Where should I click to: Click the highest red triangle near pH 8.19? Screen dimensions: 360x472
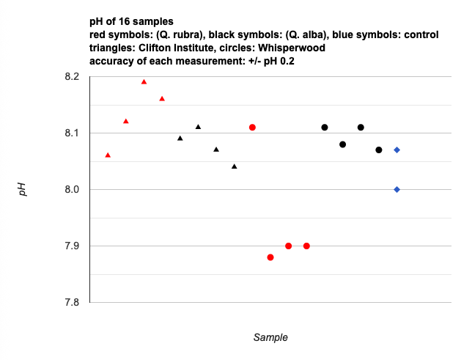144,81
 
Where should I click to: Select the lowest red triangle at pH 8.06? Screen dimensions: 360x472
108,155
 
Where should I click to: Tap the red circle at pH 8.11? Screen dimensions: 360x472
252,128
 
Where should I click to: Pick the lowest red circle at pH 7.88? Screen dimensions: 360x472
270,257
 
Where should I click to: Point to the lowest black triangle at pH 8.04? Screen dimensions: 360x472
235,166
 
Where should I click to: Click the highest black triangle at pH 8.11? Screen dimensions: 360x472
198,127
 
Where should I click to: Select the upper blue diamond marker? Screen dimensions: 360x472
397,150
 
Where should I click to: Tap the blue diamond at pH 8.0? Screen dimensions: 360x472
397,189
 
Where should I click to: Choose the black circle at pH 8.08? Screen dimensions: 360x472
342,144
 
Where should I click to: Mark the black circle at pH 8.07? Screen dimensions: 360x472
379,150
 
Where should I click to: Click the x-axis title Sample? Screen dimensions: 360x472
270,338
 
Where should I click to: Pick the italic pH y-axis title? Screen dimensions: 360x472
23,189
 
